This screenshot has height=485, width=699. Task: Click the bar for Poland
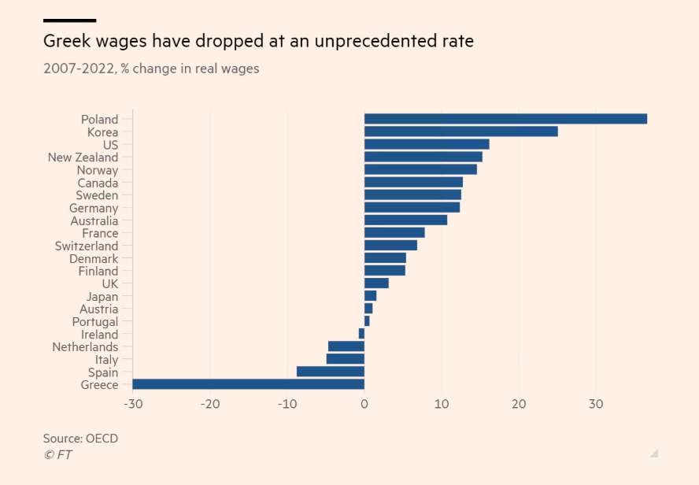point(505,119)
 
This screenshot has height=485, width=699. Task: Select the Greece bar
point(248,384)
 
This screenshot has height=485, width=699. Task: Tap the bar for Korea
point(460,131)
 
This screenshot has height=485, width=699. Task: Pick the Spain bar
point(330,372)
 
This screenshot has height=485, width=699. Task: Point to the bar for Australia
point(405,220)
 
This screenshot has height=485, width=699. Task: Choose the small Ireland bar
point(361,334)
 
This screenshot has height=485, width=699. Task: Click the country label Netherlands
point(85,347)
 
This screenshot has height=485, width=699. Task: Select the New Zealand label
point(83,157)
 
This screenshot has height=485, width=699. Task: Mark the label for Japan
point(102,297)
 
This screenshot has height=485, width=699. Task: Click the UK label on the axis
point(109,283)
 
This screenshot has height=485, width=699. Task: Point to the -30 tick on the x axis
point(132,404)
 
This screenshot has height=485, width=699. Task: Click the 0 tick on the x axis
point(364,404)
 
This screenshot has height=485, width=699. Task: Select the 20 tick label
point(519,404)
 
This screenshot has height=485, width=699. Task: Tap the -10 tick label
point(287,404)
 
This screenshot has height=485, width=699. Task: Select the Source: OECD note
point(80,438)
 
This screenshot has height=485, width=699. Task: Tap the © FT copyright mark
point(57,454)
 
